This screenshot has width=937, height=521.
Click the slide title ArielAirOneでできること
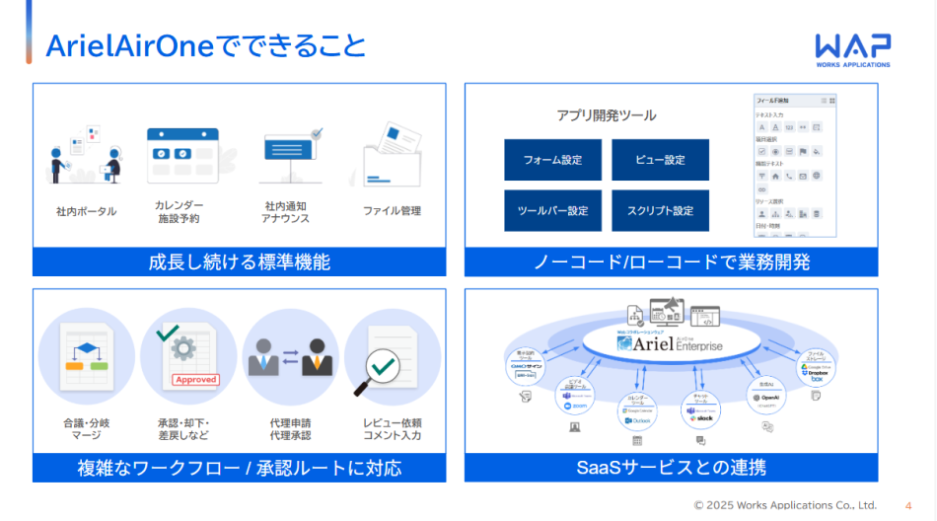[x=206, y=45]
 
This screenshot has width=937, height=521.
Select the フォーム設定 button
[x=552, y=160]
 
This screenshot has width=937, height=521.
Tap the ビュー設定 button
[x=660, y=160]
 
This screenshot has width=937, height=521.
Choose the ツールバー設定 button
[x=552, y=211]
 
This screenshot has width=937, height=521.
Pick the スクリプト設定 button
[x=660, y=211]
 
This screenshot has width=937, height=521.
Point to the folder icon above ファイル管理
[x=392, y=153]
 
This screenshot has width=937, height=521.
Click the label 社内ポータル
[x=86, y=211]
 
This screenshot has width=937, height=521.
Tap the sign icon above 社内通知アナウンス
[x=293, y=153]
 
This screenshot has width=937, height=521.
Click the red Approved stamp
[x=194, y=380]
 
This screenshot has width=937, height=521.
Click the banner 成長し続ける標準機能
[x=239, y=262]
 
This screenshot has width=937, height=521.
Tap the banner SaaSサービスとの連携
[x=671, y=467]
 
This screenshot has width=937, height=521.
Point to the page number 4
[x=907, y=505]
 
